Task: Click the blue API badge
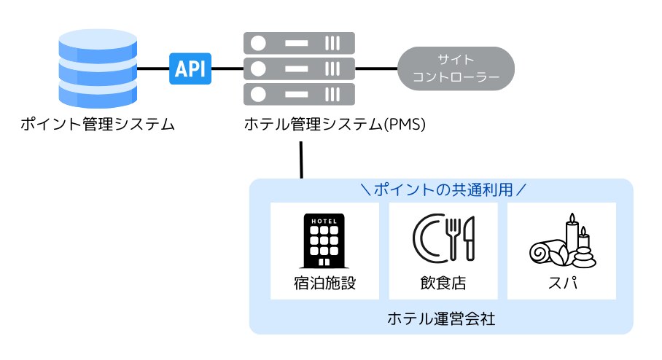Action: pyautogui.click(x=190, y=69)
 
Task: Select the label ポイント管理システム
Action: pyautogui.click(x=98, y=125)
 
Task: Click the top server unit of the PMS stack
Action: pyautogui.click(x=299, y=43)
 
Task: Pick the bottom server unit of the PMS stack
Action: pyautogui.click(x=299, y=94)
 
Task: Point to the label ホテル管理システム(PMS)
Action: pyautogui.click(x=333, y=125)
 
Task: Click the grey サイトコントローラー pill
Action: pyautogui.click(x=456, y=69)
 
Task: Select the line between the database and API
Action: pyautogui.click(x=153, y=69)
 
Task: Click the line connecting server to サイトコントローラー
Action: pyautogui.click(x=376, y=69)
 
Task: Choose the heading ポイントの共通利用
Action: pyautogui.click(x=444, y=190)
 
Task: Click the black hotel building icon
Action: pyautogui.click(x=324, y=240)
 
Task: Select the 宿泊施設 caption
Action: pyautogui.click(x=324, y=283)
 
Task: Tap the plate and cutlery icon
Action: pyautogui.click(x=443, y=239)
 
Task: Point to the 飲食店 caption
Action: pyautogui.click(x=443, y=283)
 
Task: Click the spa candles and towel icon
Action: pyautogui.click(x=562, y=240)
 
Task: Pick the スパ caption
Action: pyautogui.click(x=562, y=283)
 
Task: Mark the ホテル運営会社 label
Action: pyautogui.click(x=442, y=318)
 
